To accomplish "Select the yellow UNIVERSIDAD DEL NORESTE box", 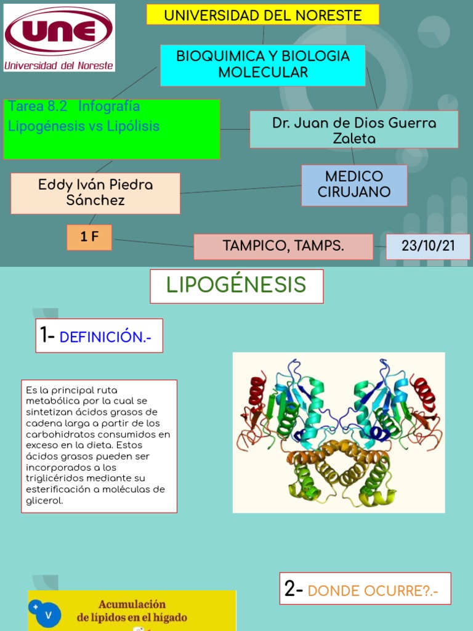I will coord(262,15).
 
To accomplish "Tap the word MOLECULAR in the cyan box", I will coord(263,73).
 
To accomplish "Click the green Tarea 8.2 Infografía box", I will coord(111,129).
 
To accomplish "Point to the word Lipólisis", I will coord(133,126).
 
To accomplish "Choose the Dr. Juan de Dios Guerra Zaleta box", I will coord(354,130).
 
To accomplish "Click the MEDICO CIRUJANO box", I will coord(354,184).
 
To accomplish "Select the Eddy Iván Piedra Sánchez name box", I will coord(95,193).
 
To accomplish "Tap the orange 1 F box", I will coord(89,237).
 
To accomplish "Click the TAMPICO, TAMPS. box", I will coord(283,246).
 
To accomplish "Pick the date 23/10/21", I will coord(428,246).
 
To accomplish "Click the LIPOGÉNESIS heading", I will coord(236,285).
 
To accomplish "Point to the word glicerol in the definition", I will coord(44,500).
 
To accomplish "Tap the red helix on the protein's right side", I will coord(424,394).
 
